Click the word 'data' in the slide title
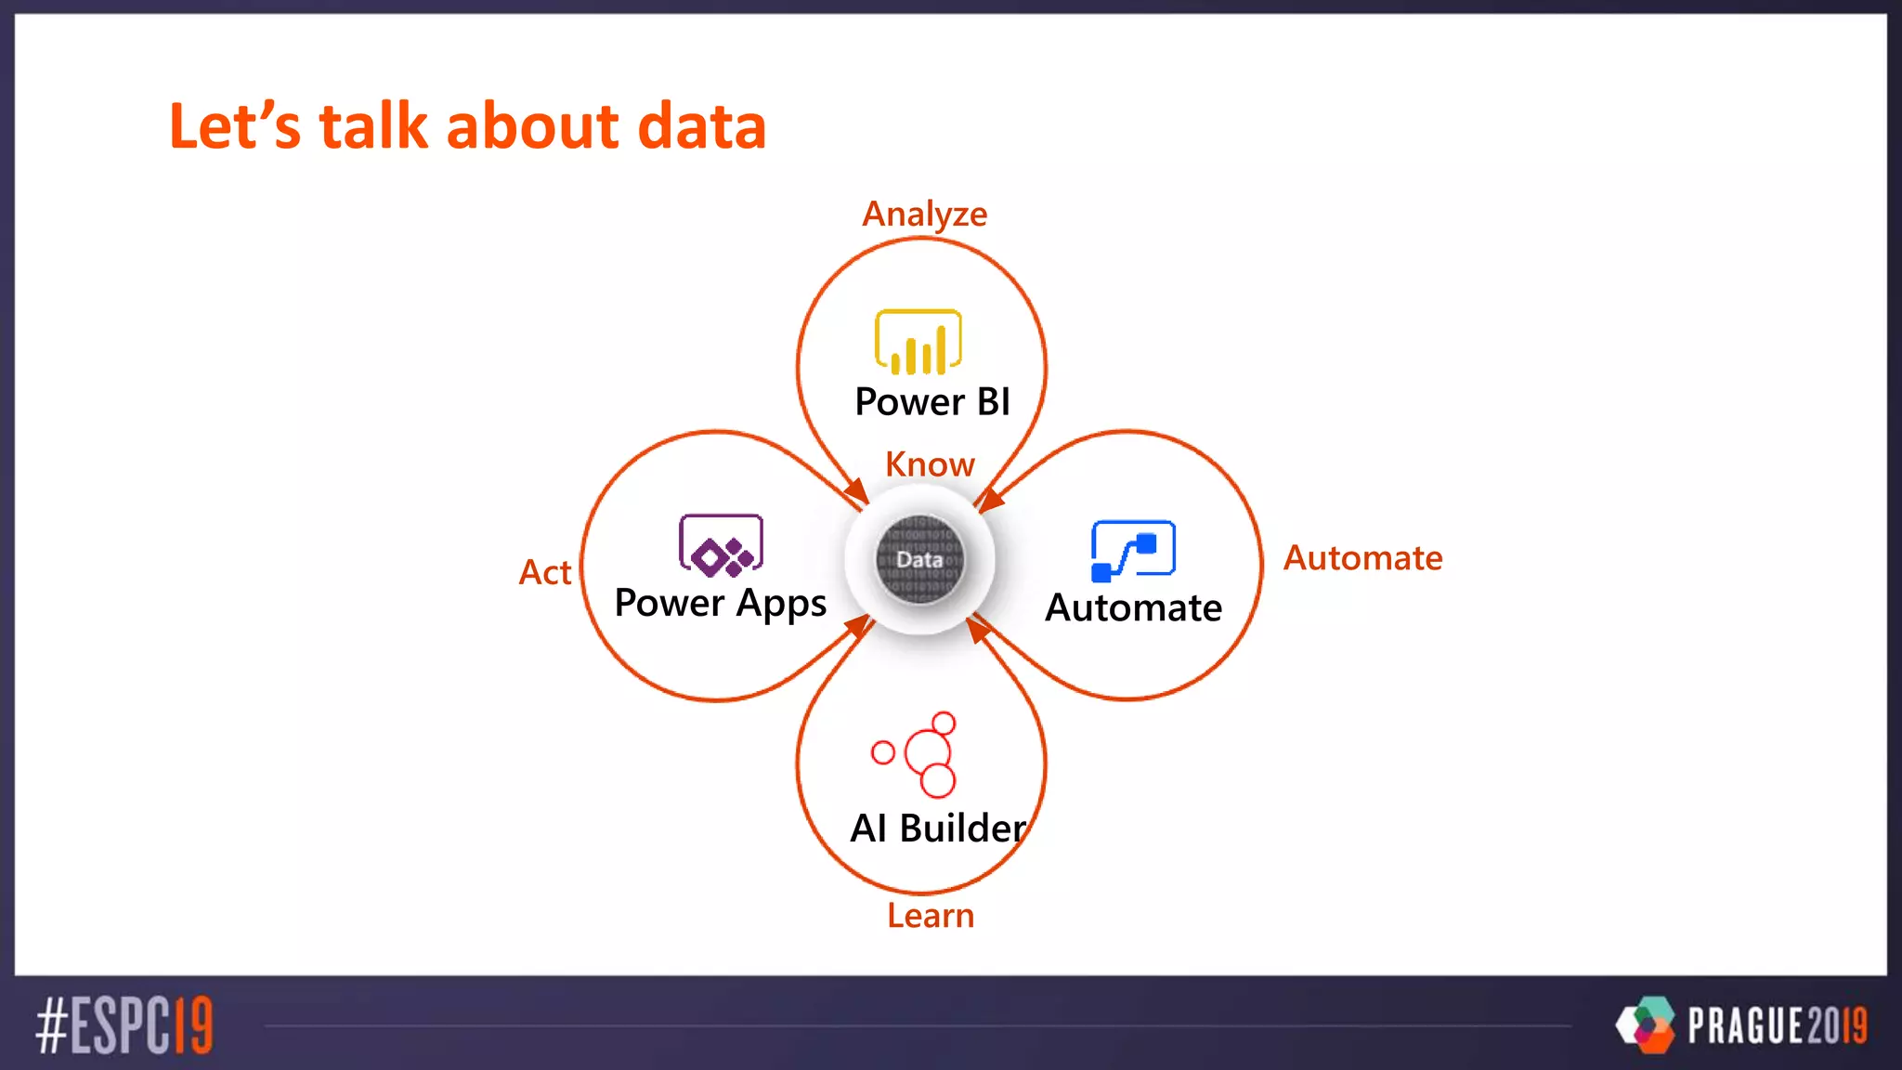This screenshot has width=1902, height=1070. pyautogui.click(x=701, y=126)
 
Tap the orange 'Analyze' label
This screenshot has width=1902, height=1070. pyautogui.click(x=924, y=215)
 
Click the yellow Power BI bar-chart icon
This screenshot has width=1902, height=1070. pyautogui.click(x=918, y=342)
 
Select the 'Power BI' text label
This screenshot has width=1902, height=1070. pyautogui.click(x=931, y=402)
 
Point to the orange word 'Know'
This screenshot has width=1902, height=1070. pyautogui.click(x=930, y=463)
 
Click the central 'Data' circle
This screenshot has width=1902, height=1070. pyautogui.click(x=919, y=559)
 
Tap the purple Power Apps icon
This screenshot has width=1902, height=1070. pyautogui.click(x=721, y=545)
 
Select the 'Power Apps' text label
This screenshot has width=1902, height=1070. pyautogui.click(x=720, y=604)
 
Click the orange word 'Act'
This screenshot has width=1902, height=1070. pyautogui.click(x=545, y=572)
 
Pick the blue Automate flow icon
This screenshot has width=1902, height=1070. pyautogui.click(x=1132, y=551)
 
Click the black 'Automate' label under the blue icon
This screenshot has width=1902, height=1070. pyautogui.click(x=1133, y=608)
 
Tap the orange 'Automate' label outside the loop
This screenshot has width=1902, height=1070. pyautogui.click(x=1362, y=558)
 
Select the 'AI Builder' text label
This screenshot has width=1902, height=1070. pyautogui.click(x=938, y=828)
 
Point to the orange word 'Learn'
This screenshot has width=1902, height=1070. pyautogui.click(x=930, y=916)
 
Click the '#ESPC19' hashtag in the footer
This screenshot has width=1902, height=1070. pyautogui.click(x=124, y=1025)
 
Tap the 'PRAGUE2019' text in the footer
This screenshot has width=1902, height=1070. pyautogui.click(x=1777, y=1025)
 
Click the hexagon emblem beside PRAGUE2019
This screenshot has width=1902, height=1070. pyautogui.click(x=1647, y=1024)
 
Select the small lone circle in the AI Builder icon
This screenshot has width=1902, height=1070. pyautogui.click(x=882, y=751)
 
